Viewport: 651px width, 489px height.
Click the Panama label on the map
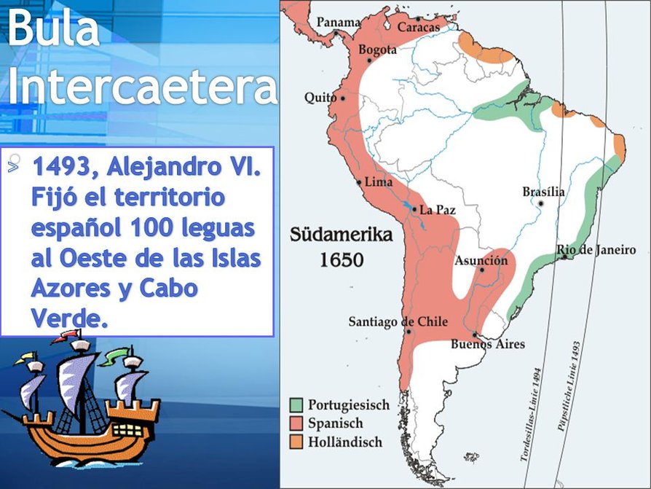[337, 23]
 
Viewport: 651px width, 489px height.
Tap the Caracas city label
[419, 27]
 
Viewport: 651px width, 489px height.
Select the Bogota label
[377, 50]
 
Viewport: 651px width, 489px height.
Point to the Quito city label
[320, 98]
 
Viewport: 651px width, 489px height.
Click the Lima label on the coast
[379, 181]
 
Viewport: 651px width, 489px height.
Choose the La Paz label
[438, 210]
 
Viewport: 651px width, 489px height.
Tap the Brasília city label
[543, 192]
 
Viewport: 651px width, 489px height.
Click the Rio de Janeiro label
[596, 250]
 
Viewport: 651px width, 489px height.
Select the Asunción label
[481, 260]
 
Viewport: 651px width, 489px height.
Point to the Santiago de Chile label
[398, 321]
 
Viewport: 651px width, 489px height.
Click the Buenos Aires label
[488, 344]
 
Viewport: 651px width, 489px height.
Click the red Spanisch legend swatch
[296, 423]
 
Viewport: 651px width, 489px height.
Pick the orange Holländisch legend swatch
[296, 441]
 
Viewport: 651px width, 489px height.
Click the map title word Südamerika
[342, 235]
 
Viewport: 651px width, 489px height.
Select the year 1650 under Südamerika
[342, 259]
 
